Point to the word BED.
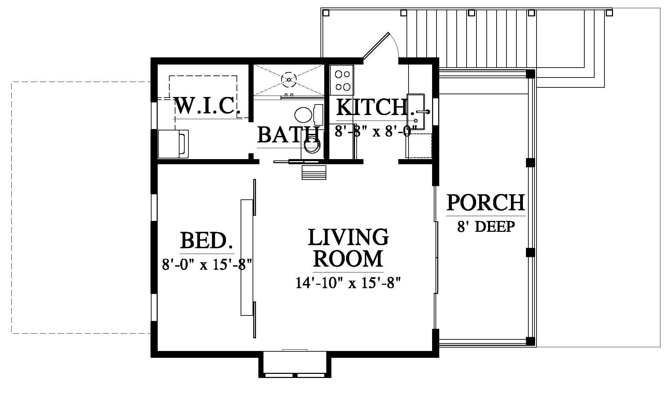tap(207, 240)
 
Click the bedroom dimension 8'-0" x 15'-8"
tap(207, 264)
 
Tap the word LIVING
tap(348, 237)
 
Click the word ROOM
tap(348, 258)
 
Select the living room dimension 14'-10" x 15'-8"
tap(348, 283)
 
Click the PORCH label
tap(486, 202)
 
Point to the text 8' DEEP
tap(486, 226)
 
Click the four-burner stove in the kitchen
tap(342, 80)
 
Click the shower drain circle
tap(289, 80)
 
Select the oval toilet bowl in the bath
tap(303, 115)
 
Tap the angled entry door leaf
tap(376, 46)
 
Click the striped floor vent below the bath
tap(314, 172)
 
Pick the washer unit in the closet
tap(173, 144)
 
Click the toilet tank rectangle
tap(318, 115)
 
